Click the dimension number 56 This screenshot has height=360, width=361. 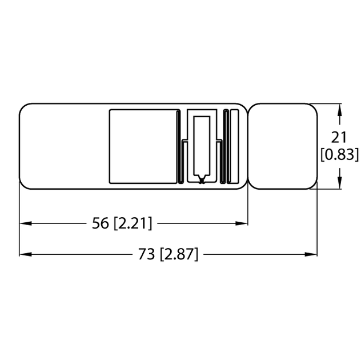[x=100, y=223]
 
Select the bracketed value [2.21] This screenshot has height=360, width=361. [x=133, y=223]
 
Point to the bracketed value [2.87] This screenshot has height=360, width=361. [x=179, y=254]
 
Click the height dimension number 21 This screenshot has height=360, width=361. [x=339, y=137]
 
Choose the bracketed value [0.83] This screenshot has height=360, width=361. [x=339, y=154]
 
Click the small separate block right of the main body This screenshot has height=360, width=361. [x=283, y=146]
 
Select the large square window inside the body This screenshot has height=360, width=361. [x=142, y=146]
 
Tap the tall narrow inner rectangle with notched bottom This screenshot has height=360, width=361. [x=202, y=147]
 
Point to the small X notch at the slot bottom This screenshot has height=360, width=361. [x=201, y=181]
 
